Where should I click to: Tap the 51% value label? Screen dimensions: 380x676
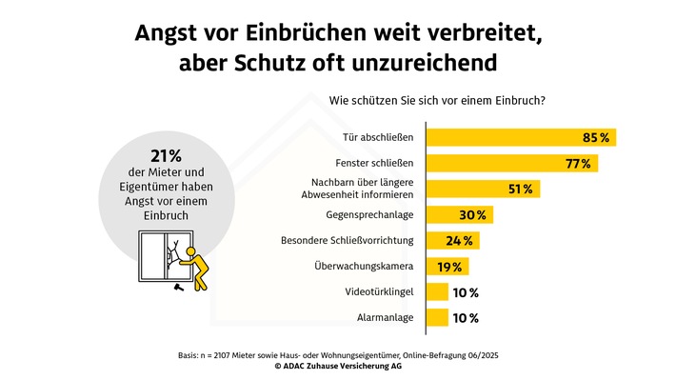(520, 189)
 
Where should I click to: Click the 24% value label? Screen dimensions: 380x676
(459, 240)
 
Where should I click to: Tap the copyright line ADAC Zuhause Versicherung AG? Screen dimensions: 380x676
(338, 364)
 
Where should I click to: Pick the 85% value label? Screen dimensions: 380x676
(596, 137)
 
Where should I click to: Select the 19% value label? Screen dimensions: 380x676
(449, 267)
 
